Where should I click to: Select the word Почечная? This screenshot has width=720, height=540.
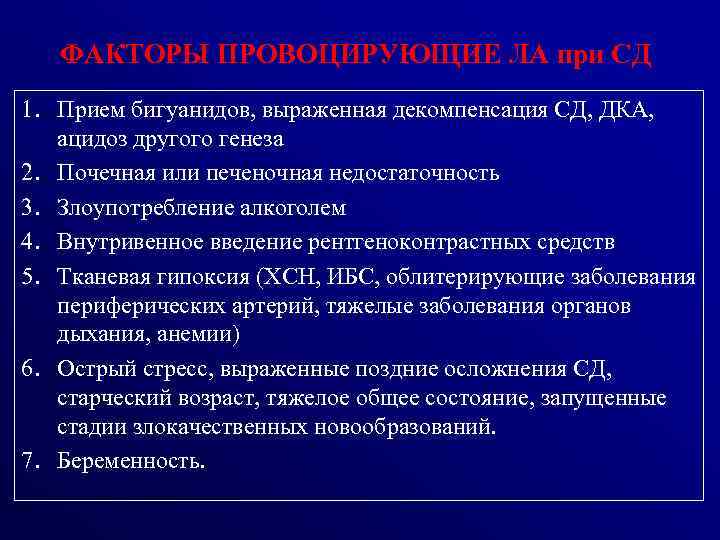click(102, 173)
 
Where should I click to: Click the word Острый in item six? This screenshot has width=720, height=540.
click(91, 369)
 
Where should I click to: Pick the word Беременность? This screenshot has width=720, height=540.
click(130, 461)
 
